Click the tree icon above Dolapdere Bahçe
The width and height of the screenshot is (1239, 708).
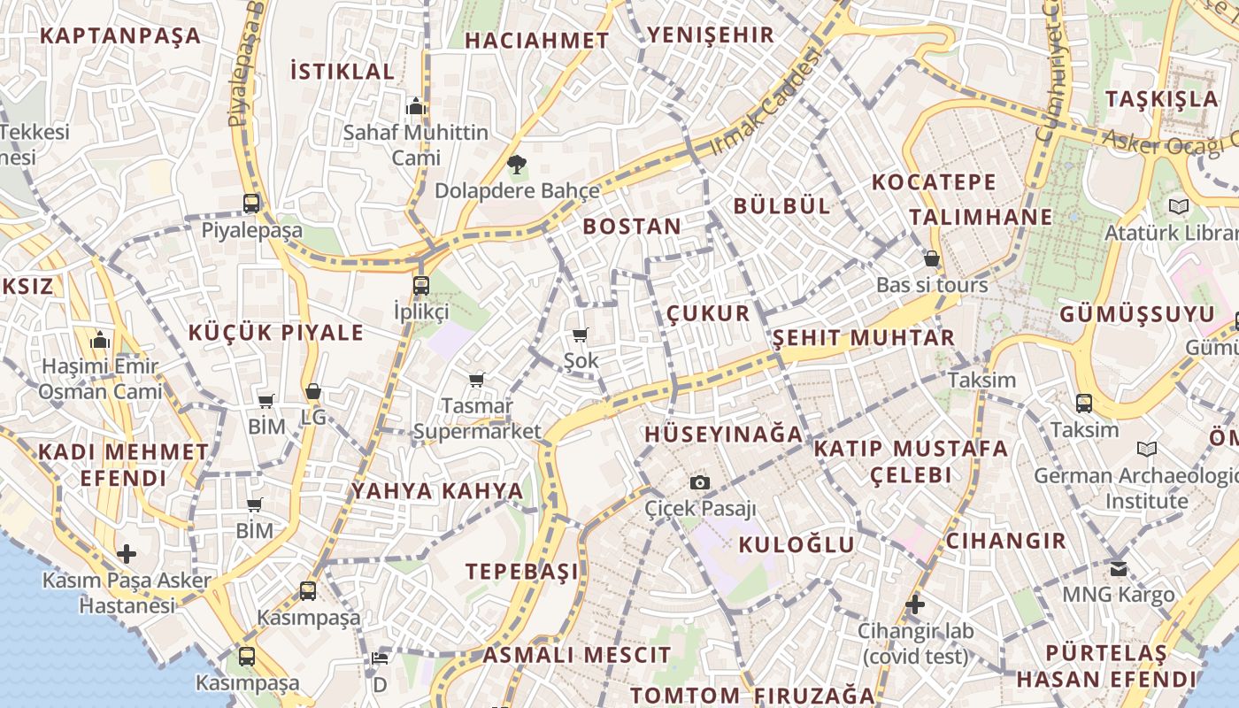click(516, 164)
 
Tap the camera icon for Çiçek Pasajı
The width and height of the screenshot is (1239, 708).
click(700, 482)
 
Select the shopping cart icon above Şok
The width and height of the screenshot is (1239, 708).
click(581, 335)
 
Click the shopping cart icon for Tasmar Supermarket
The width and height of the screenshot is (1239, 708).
click(476, 380)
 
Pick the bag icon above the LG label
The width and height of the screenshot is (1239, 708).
click(312, 391)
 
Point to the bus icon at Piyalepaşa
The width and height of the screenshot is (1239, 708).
click(251, 203)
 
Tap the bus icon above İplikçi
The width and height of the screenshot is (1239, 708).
click(420, 285)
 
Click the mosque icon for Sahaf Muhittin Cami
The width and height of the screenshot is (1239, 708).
click(415, 107)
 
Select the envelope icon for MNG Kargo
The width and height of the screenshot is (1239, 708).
click(1119, 568)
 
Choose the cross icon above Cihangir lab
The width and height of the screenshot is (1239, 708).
click(915, 605)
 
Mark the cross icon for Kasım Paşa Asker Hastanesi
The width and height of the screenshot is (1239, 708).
click(127, 555)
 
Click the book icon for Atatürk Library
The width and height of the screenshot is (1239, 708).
click(1178, 207)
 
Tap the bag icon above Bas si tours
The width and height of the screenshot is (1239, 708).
click(931, 258)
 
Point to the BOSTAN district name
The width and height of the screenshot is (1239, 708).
click(632, 227)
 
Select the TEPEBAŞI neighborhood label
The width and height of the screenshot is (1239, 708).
click(522, 572)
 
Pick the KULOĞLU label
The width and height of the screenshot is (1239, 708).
click(796, 544)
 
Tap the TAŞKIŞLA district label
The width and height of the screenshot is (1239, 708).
click(1162, 98)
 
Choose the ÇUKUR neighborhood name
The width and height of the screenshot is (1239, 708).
click(708, 313)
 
